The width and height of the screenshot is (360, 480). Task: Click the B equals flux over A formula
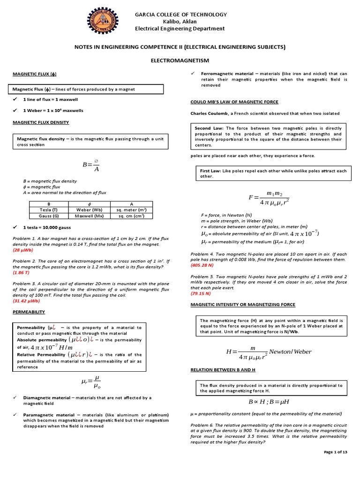(91, 166)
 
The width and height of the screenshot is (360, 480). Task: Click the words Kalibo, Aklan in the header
(180, 22)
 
